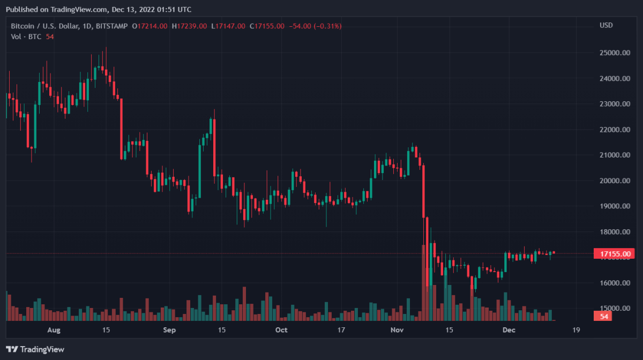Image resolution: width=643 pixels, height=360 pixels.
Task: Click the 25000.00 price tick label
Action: pyautogui.click(x=614, y=53)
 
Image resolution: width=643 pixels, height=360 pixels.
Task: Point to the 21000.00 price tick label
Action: pyautogui.click(x=614, y=155)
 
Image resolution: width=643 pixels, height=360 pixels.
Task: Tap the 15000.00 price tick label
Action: pyautogui.click(x=614, y=309)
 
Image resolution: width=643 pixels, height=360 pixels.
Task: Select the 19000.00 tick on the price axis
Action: pyautogui.click(x=614, y=206)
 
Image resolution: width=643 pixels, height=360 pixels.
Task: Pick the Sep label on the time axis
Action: pyautogui.click(x=169, y=330)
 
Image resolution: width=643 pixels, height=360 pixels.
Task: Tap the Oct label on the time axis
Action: pyautogui.click(x=282, y=330)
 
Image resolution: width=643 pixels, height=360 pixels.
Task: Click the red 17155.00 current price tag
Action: pyautogui.click(x=615, y=253)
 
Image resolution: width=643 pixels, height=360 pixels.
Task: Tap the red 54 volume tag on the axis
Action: pyautogui.click(x=603, y=317)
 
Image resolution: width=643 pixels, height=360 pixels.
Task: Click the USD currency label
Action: pyautogui.click(x=606, y=26)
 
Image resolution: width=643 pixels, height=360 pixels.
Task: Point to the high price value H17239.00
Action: pyautogui.click(x=190, y=26)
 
